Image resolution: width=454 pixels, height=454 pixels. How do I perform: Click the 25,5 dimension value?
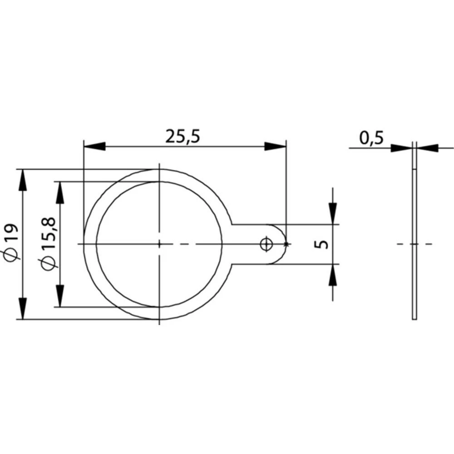click(183, 137)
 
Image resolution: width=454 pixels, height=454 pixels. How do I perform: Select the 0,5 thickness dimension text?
click(371, 138)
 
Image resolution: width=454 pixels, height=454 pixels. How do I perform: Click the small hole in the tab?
click(266, 244)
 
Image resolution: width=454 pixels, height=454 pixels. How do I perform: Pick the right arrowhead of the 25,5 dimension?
click(276, 146)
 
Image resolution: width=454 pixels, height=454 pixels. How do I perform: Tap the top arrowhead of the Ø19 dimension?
click(22, 180)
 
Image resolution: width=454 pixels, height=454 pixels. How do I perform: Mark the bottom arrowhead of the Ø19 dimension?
click(22, 309)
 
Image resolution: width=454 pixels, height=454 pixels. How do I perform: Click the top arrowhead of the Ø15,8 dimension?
click(59, 192)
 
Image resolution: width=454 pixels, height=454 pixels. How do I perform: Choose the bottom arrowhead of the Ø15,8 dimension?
click(59, 296)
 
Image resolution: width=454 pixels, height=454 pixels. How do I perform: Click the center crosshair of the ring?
click(159, 244)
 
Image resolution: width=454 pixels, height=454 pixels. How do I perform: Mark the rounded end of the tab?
click(282, 244)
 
